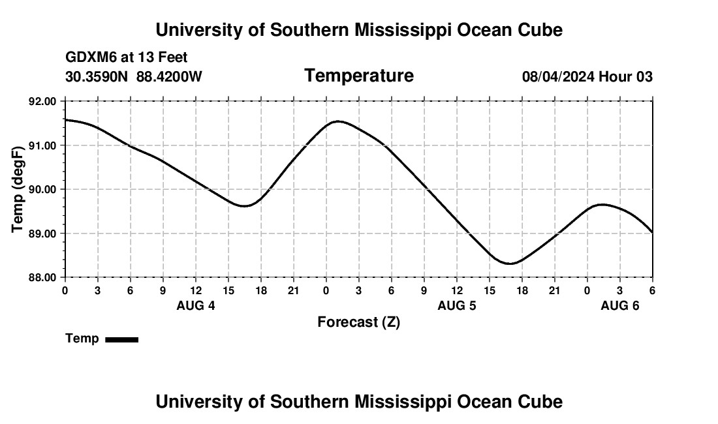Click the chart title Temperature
359,76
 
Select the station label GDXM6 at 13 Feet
127,57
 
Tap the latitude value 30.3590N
97,76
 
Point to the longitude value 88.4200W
169,76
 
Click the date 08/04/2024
558,76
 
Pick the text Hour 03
626,76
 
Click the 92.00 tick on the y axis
42,101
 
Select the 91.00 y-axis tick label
42,145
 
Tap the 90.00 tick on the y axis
42,189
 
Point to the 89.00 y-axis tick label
42,234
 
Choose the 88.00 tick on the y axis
42,277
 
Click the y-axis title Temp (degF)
18,189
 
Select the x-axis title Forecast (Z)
358,322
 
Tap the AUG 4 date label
196,305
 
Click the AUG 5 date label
457,305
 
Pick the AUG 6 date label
620,305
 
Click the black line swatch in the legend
121,339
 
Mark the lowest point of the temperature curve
510,264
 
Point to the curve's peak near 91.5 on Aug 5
337,121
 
